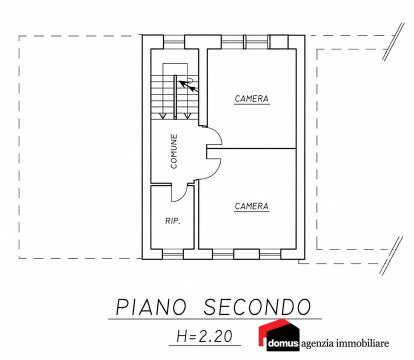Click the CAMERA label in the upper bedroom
click(251, 99)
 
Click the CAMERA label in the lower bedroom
click(251, 206)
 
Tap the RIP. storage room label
click(173, 221)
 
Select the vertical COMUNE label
click(173, 151)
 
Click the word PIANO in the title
click(151, 307)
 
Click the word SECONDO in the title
click(257, 307)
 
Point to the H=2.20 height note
click(204, 336)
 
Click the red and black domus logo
click(279, 335)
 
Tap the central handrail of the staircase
click(175, 97)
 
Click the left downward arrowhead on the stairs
click(162, 116)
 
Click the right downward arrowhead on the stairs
click(187, 116)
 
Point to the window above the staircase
click(173, 42)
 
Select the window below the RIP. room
click(172, 254)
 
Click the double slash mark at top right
click(393, 41)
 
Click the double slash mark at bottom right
click(391, 255)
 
